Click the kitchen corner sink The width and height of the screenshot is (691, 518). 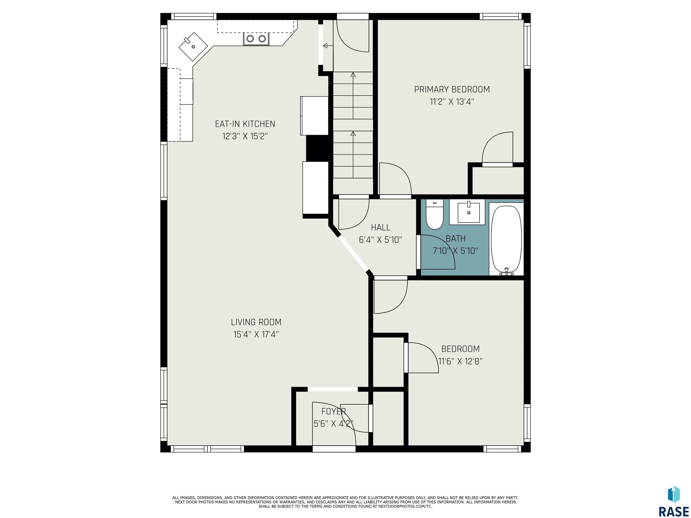click(193, 47)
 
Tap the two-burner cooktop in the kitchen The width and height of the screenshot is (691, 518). click(256, 39)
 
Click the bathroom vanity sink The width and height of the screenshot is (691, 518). click(469, 212)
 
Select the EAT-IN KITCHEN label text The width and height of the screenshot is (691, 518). click(245, 124)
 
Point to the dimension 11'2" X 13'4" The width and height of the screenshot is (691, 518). click(452, 102)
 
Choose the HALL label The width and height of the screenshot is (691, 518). click(381, 227)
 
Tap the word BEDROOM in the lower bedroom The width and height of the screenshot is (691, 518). click(460, 349)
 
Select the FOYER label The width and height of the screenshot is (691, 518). click(334, 411)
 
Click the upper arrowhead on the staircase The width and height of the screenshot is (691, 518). click(353, 74)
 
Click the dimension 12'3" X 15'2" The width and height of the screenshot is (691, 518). click(245, 136)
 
